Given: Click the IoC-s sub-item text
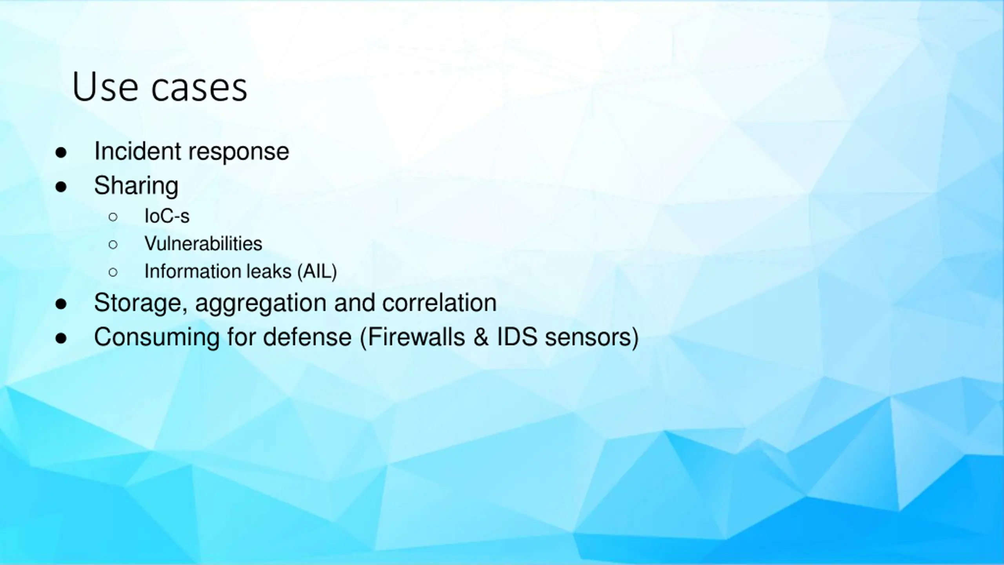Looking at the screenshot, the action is [x=167, y=216].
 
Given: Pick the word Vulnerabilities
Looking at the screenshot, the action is [x=203, y=243].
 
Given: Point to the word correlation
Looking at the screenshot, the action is [x=439, y=303].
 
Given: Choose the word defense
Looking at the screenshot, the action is [x=307, y=337].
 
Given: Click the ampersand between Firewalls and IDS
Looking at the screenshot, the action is [x=481, y=337].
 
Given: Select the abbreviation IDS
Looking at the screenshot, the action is [x=517, y=337].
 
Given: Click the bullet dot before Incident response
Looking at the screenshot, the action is [x=61, y=152].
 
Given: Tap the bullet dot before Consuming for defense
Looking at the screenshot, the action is [x=61, y=338].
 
